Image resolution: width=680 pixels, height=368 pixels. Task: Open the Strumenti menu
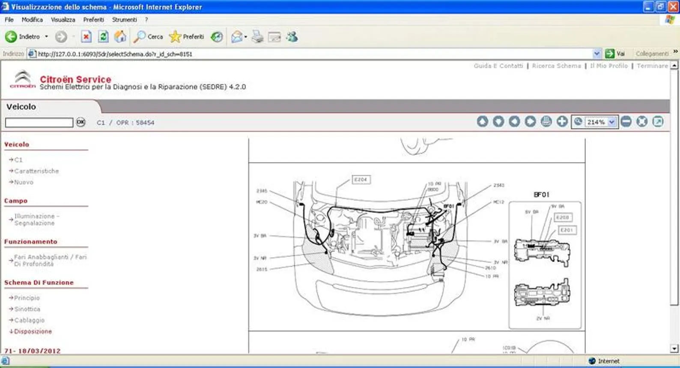[x=124, y=20]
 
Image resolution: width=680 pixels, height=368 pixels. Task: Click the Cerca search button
[x=148, y=37]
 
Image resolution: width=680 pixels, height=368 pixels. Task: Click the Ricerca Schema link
[x=556, y=66]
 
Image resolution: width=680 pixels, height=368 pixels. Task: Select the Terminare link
[x=652, y=66]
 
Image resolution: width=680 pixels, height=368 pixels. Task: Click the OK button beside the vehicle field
[x=81, y=122]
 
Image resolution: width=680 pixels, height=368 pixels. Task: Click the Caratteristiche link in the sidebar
[x=36, y=171]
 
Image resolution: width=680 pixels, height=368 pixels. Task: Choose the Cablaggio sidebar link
[x=29, y=320]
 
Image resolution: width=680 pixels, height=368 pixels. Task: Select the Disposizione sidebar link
[x=33, y=331]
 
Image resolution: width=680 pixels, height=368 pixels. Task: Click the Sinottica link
[x=27, y=309]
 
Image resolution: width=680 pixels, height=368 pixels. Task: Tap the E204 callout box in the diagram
[x=361, y=179]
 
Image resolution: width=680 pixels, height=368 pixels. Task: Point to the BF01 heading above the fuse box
[x=541, y=195]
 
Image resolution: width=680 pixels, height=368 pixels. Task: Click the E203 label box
[x=562, y=217]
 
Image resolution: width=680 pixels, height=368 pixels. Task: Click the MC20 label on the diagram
[x=262, y=202]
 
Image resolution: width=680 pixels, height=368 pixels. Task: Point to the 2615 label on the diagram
[x=262, y=269]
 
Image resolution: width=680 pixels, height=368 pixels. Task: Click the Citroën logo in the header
[x=23, y=80]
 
